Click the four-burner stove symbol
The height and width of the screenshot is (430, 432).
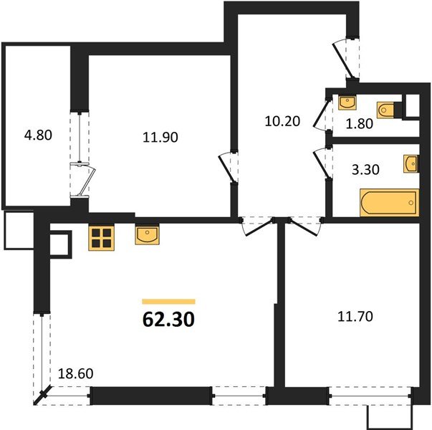[x=101, y=238]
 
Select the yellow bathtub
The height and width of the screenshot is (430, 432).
[x=388, y=204]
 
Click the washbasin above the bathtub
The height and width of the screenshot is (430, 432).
[x=410, y=164]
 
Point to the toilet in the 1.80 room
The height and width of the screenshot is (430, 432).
[x=385, y=110]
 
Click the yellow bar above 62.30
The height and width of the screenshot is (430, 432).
[x=168, y=302]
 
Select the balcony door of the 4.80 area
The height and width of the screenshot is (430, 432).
[x=81, y=180]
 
